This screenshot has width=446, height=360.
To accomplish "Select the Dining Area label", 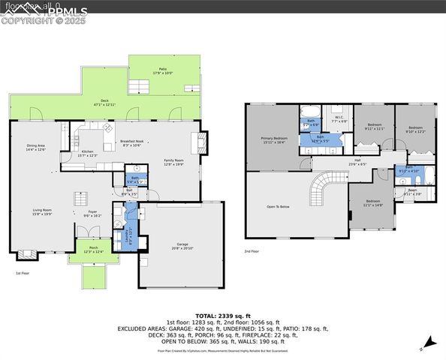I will pyautogui.click(x=36, y=148).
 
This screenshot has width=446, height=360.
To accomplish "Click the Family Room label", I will pyautogui.click(x=173, y=162).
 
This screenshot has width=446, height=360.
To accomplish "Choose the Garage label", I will pyautogui.click(x=181, y=245).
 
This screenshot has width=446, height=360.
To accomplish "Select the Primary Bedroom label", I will pyautogui.click(x=274, y=140).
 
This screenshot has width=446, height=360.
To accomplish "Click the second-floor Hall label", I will pyautogui.click(x=359, y=161).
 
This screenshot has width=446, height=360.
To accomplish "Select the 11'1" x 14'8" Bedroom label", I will pyautogui.click(x=373, y=202).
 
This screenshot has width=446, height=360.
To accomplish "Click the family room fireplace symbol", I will pyautogui.click(x=201, y=141).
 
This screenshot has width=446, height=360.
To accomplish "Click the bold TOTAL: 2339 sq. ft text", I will pyautogui.click(x=222, y=316).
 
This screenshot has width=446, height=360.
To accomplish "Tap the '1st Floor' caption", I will pyautogui.click(x=23, y=273).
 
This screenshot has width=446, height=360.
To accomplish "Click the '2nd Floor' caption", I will pyautogui.click(x=252, y=251).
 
